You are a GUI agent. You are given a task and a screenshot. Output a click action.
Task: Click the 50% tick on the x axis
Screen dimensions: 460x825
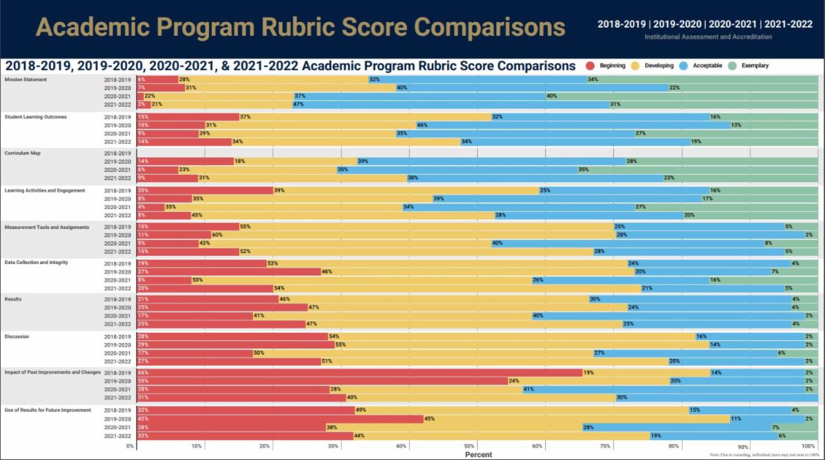point(470,446)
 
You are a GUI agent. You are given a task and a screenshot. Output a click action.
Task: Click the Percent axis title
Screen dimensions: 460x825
point(478,454)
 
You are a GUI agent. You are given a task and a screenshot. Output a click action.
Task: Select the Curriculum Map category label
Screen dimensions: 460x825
point(23,153)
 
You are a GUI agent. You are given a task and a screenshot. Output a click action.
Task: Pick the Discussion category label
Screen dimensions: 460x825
point(17,336)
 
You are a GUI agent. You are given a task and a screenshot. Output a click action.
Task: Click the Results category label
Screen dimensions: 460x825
point(13,300)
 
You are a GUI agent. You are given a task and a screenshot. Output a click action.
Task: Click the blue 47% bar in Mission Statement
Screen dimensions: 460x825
point(450,105)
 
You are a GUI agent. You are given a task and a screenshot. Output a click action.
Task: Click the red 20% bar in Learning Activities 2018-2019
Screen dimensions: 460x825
point(206,190)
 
